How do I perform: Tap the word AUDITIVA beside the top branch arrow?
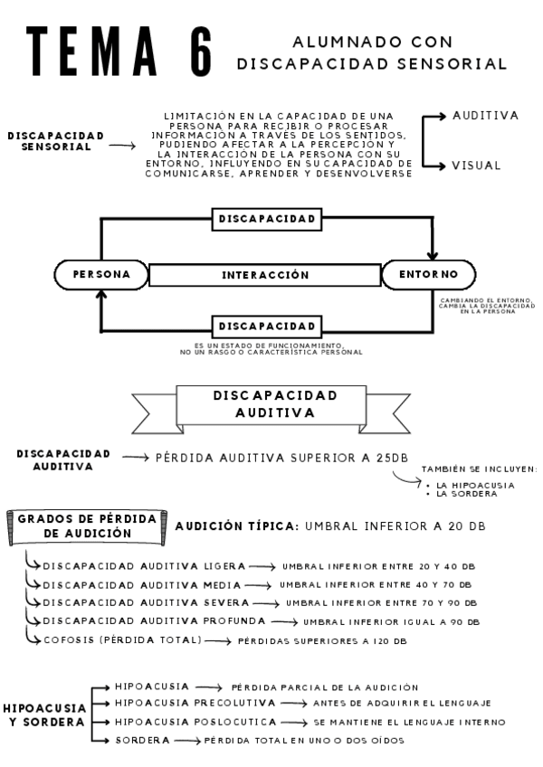pos(485,116)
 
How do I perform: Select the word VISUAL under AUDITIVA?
pos(476,166)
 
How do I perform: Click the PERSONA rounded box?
pos(101,274)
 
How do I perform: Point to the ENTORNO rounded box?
pos(428,274)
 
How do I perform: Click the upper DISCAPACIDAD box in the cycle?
pos(267,219)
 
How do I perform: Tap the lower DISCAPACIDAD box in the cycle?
pos(267,326)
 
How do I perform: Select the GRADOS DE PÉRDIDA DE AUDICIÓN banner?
pos(87,526)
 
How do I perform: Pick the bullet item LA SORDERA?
pos(466,494)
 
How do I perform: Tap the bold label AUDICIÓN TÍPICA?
pos(237,526)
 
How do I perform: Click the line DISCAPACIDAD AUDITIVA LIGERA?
pos(144,565)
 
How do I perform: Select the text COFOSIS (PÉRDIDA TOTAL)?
pos(121,639)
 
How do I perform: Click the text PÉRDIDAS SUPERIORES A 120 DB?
pos(321,640)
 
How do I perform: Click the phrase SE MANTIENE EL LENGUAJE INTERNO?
pos(409,722)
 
